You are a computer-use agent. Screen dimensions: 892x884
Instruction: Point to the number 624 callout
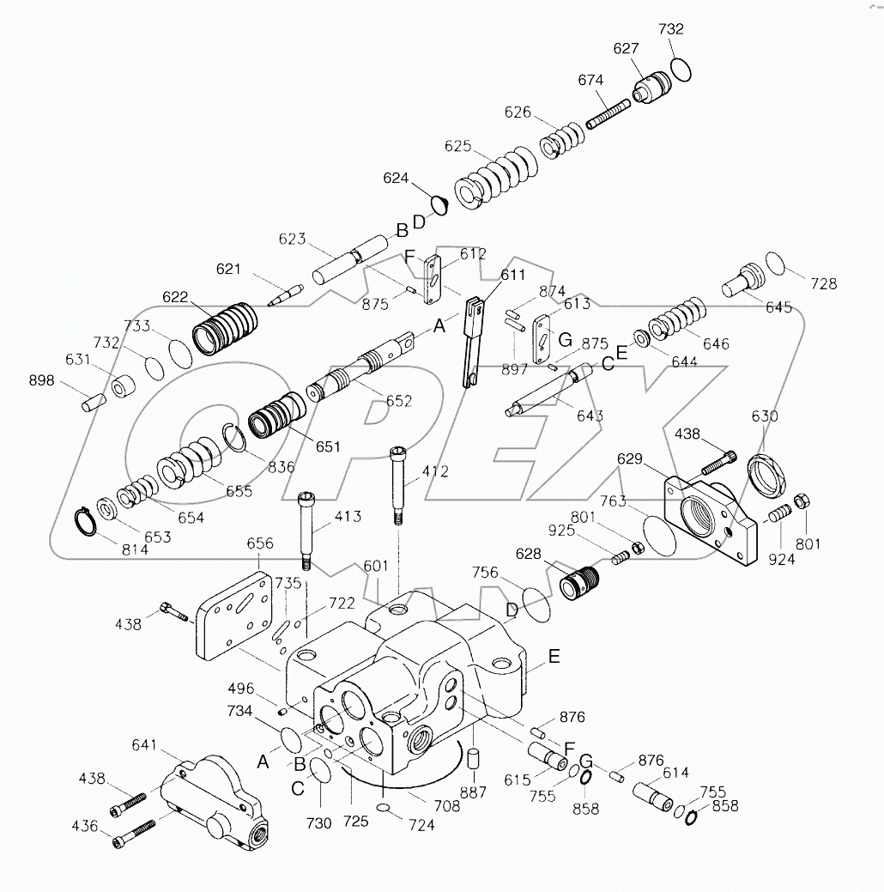(x=396, y=179)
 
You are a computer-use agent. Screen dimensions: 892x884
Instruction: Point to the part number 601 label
(x=375, y=566)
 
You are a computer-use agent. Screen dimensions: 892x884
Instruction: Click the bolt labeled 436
(x=133, y=833)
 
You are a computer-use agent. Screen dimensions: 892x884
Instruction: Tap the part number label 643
(x=590, y=416)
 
